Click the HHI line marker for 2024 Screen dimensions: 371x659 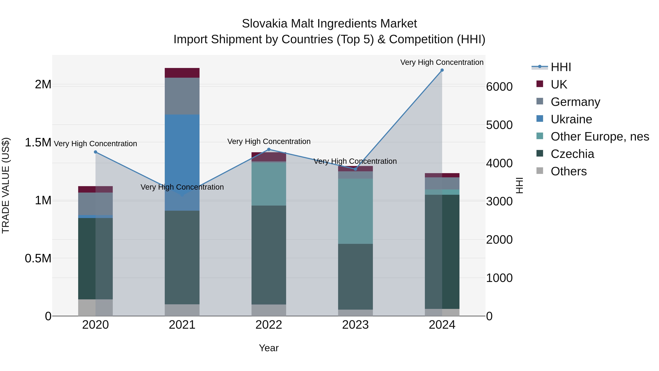[442, 70]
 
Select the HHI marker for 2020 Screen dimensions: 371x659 [95, 152]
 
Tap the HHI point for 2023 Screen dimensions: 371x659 [355, 169]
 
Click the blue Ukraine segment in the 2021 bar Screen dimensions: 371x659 [182, 154]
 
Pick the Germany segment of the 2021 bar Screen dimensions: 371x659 [182, 96]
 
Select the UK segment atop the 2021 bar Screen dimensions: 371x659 [182, 73]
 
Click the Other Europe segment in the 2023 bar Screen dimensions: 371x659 [355, 211]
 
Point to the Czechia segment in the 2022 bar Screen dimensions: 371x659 [269, 255]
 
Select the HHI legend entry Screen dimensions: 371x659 [560, 67]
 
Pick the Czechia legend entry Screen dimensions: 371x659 [572, 154]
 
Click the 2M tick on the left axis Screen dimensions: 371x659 [43, 84]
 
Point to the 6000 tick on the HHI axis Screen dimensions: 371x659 [499, 87]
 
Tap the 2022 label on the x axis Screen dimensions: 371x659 [269, 325]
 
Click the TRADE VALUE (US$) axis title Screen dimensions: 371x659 [6, 185]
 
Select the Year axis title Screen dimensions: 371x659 [269, 348]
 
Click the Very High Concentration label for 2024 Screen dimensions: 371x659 [442, 62]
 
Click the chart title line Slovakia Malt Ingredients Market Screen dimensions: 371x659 [329, 24]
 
